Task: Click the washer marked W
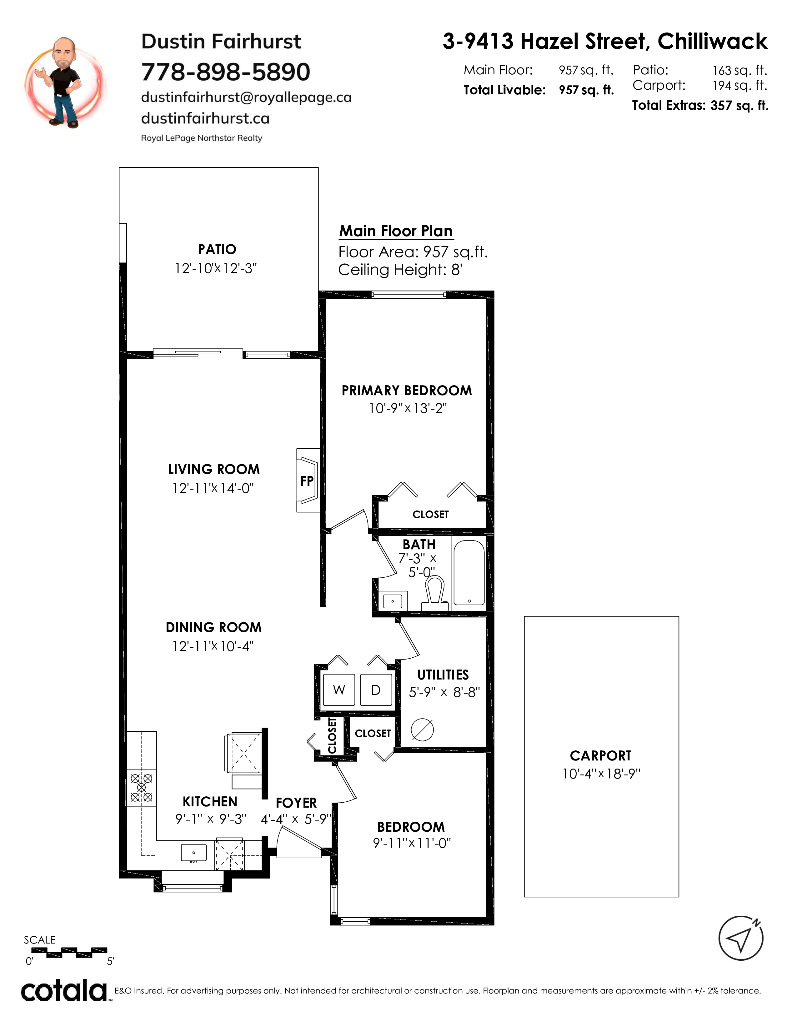point(339,690)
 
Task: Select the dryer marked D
point(376,690)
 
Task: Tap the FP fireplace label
point(307,481)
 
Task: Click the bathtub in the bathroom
point(469,573)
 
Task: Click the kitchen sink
point(193,853)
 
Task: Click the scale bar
point(66,952)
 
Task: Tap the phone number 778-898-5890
point(226,72)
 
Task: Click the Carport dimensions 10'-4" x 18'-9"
point(601,774)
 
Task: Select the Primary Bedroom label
point(407,391)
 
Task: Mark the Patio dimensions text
point(216,268)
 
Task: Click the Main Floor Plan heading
point(396,231)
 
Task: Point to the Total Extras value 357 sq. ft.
point(739,105)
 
